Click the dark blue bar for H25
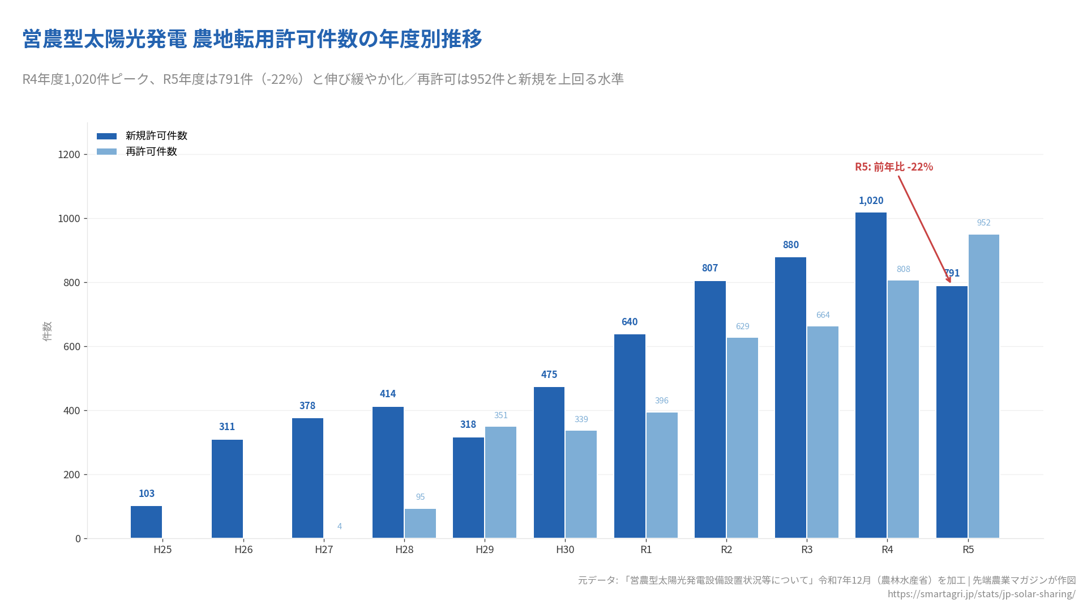(146, 522)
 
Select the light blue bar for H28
(420, 524)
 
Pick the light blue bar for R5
(983, 386)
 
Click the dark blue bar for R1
(630, 436)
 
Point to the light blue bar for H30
(581, 484)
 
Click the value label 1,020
(871, 201)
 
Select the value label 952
(983, 223)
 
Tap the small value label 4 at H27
(340, 526)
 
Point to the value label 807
(710, 268)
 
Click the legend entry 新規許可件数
(156, 136)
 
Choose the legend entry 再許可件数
(151, 152)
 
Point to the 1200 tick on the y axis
(69, 155)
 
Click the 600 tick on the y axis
(71, 347)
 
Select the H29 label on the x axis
(485, 550)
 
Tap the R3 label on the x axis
(807, 550)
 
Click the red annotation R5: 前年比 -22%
(894, 167)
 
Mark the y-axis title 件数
(47, 331)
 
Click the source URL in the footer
(981, 594)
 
